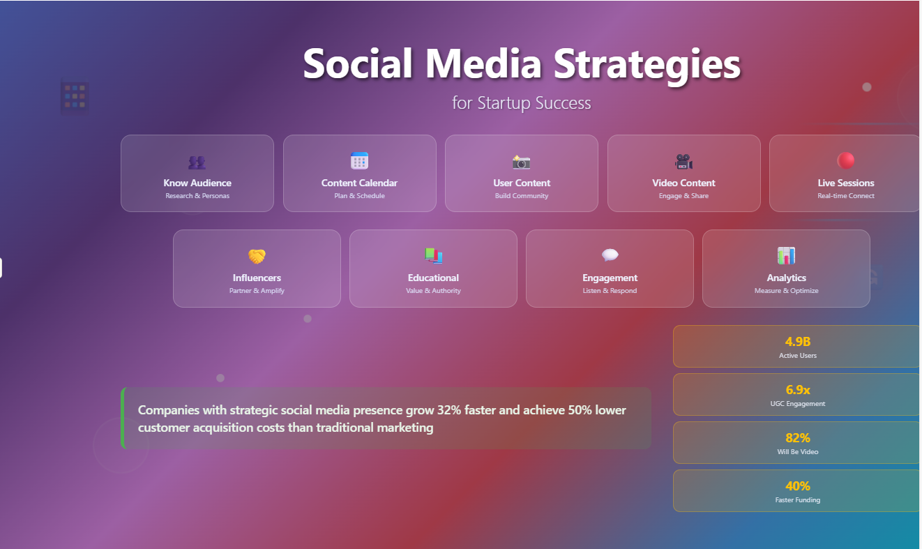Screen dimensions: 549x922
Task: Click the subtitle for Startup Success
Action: pos(522,103)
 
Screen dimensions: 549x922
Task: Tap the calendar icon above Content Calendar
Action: pos(359,161)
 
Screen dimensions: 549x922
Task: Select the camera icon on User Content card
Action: pos(522,162)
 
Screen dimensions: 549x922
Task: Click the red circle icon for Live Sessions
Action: pos(846,161)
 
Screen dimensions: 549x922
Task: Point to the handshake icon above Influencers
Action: pos(257,256)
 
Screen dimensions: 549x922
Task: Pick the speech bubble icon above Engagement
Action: pos(610,256)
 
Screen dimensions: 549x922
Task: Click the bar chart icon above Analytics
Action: pos(786,256)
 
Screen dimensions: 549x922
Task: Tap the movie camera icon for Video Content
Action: pos(683,162)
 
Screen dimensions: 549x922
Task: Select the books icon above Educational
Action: pos(433,256)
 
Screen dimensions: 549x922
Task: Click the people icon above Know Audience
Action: pos(197,163)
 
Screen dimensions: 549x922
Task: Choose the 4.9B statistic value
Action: pos(798,342)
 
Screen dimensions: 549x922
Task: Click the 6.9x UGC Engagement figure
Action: pos(798,390)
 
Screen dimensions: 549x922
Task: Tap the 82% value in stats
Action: pos(798,438)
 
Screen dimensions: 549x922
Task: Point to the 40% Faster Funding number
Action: pos(798,486)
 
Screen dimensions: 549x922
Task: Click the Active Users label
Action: pos(798,356)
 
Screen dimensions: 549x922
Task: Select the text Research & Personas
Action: pos(197,196)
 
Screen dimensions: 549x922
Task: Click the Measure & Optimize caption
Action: pos(786,291)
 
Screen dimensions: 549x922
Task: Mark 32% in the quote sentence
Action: pos(450,410)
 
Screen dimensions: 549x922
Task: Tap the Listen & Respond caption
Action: pos(610,291)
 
